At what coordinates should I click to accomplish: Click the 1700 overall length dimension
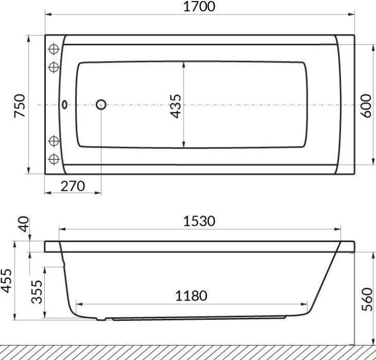pos(200,7)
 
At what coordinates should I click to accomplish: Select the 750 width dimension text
pos(19,105)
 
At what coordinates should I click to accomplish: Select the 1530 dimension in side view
pos(200,221)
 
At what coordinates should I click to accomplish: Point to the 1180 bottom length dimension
pos(191,296)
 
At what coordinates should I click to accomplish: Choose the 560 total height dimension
pos(367,311)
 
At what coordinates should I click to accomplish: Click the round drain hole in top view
pos(101,105)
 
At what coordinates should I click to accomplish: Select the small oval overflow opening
pos(65,105)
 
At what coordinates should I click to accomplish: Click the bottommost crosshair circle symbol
pos(54,159)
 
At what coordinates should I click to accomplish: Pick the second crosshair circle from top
pos(54,67)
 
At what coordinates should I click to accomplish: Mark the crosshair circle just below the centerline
pos(54,140)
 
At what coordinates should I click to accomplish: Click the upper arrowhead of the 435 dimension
pos(184,65)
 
